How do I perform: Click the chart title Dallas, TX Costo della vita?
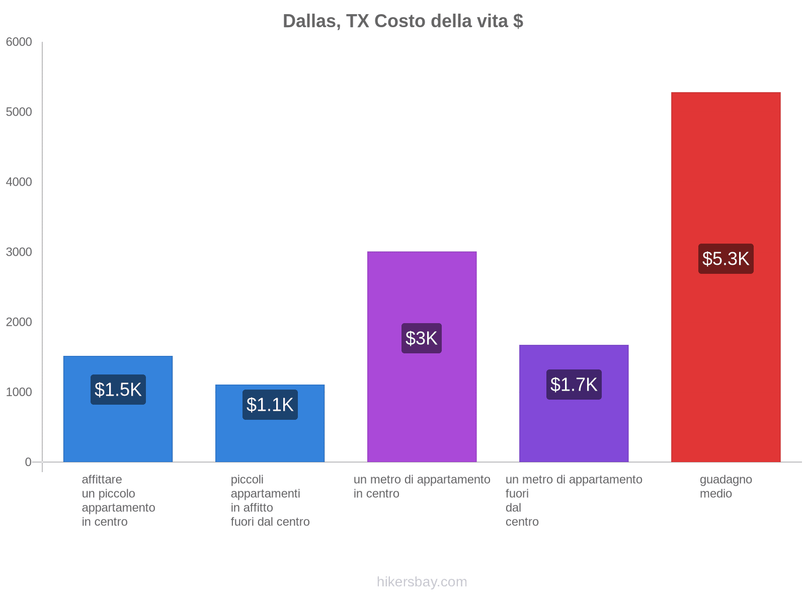403,21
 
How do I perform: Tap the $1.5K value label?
118,390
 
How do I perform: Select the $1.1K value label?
270,405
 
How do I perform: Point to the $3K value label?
422,338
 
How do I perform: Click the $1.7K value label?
574,385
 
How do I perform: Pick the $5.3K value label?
726,259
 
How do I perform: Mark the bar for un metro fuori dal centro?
574,428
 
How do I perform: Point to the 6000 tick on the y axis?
19,42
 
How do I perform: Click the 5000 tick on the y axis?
19,112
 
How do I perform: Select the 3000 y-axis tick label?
19,252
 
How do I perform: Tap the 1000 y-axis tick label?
19,392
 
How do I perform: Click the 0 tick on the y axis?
28,462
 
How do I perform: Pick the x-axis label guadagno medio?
726,487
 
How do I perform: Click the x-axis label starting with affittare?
118,500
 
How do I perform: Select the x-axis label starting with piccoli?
270,500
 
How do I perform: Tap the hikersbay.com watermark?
422,582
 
